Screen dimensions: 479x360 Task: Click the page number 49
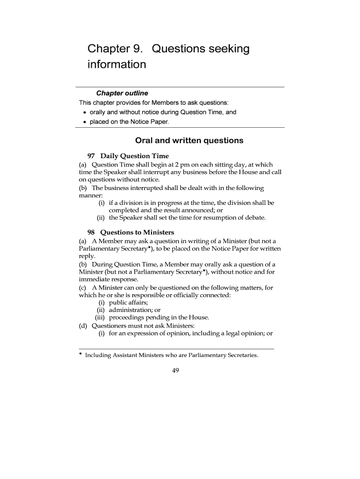176,370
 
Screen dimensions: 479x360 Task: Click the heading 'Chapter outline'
122,93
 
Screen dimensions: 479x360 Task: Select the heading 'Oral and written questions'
189,140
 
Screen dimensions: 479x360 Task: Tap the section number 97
92,156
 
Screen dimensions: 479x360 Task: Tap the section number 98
92,232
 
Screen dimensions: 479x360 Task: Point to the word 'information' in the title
117,64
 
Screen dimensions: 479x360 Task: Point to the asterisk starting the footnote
80,355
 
